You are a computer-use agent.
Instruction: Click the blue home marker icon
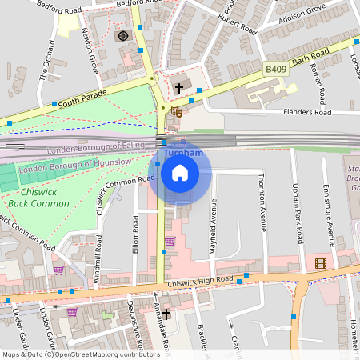coord(180,172)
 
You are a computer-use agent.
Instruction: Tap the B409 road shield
coord(276,71)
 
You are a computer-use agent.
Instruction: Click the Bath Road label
coord(311,58)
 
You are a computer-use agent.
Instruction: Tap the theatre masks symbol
coord(179,114)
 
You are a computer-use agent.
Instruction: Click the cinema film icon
coord(321,263)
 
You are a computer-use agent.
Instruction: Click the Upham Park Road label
coord(298,212)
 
